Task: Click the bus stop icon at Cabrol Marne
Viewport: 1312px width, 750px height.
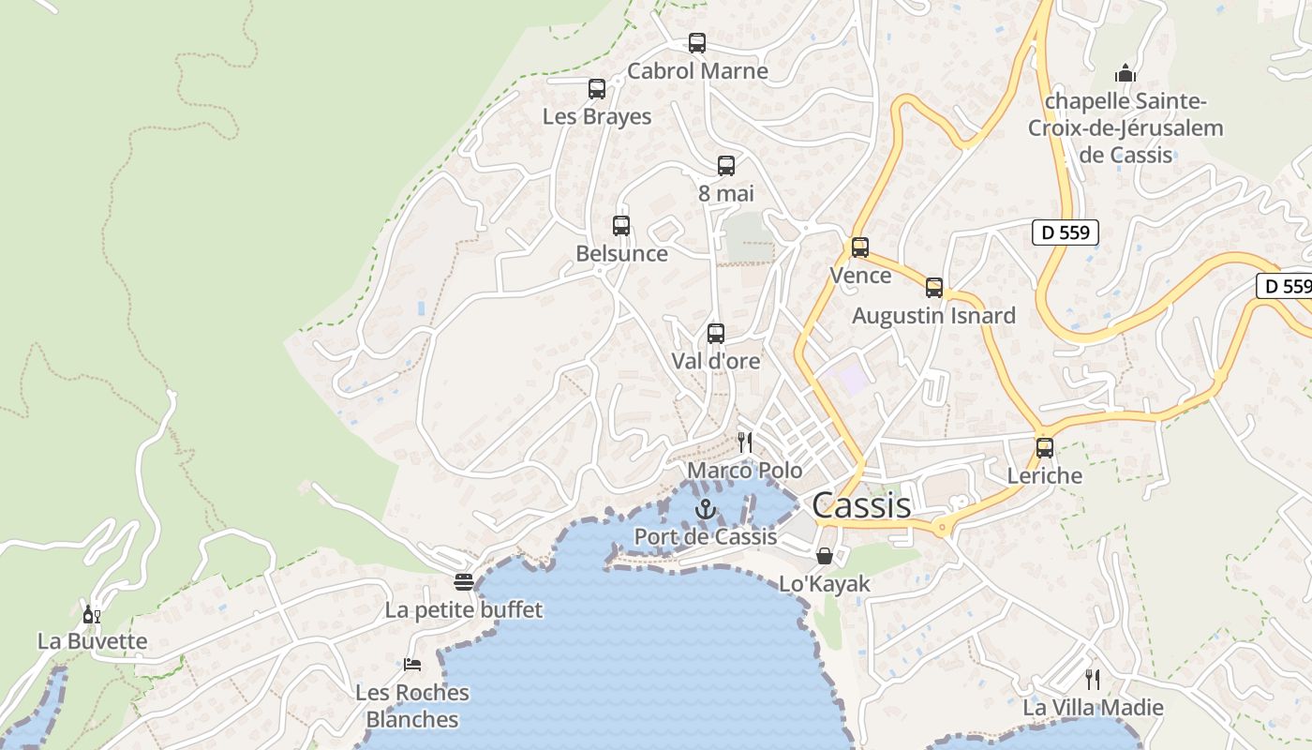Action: click(x=696, y=43)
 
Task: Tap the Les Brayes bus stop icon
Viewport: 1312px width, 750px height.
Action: click(x=597, y=89)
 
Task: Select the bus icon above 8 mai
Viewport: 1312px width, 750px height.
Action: click(x=726, y=166)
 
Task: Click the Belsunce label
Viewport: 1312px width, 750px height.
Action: click(x=621, y=253)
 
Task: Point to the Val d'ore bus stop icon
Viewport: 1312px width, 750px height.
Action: click(x=716, y=333)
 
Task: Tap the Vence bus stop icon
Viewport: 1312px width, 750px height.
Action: click(x=860, y=247)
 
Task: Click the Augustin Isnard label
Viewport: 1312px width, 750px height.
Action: click(x=933, y=316)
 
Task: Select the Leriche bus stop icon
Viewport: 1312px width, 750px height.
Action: click(x=1045, y=448)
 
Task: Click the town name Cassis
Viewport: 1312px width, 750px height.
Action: click(x=861, y=505)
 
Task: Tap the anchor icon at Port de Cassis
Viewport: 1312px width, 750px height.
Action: click(x=706, y=509)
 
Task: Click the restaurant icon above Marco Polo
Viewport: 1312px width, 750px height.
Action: click(x=745, y=442)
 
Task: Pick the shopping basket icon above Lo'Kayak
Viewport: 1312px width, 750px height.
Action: click(x=825, y=557)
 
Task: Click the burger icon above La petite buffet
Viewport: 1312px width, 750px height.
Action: click(x=463, y=582)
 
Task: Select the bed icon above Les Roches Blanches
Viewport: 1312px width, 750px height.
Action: click(x=412, y=665)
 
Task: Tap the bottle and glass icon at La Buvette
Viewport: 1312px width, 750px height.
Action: click(x=92, y=615)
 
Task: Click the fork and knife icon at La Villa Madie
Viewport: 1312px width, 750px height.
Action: click(x=1093, y=679)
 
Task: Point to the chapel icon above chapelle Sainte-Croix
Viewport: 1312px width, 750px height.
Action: click(x=1125, y=73)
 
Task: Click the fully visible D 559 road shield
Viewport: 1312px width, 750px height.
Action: click(x=1066, y=232)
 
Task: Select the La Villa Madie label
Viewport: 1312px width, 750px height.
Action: click(x=1093, y=707)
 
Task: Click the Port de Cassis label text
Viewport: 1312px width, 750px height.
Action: click(x=706, y=536)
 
